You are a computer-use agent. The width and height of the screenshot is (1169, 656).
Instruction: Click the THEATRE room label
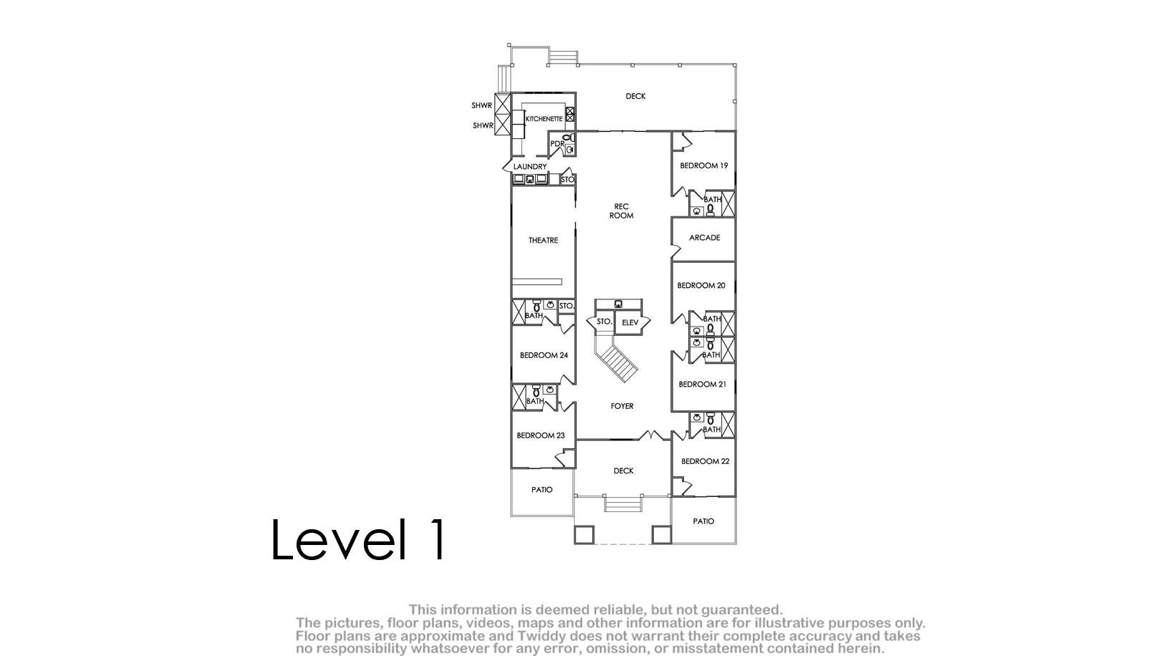tap(543, 240)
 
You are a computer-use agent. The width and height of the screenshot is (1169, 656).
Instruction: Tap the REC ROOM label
tap(622, 211)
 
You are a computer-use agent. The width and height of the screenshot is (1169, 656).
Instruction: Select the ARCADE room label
tap(705, 238)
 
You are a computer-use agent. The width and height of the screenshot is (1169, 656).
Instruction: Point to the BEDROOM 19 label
tap(704, 165)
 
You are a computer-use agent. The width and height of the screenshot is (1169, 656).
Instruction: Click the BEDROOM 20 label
tap(701, 286)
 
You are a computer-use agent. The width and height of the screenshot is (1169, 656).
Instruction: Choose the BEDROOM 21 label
tap(703, 384)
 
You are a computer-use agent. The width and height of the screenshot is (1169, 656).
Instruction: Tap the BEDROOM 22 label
tap(705, 461)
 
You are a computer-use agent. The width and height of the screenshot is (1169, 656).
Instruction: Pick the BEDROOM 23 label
tap(541, 435)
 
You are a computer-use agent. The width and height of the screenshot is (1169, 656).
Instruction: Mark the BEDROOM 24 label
tap(544, 355)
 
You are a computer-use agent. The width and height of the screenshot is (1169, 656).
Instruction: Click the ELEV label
tap(630, 322)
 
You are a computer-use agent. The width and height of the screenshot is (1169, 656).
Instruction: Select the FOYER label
tap(622, 406)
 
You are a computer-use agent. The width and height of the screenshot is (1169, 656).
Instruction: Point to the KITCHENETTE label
tap(544, 119)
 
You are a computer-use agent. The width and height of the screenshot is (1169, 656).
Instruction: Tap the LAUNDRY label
tap(530, 166)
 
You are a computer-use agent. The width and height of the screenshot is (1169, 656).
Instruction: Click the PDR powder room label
tap(557, 143)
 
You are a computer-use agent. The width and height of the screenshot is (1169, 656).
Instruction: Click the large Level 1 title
tap(358, 539)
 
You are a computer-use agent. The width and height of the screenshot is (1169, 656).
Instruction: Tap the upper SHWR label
tap(481, 105)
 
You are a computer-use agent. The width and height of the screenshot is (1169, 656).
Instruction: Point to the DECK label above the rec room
tap(635, 96)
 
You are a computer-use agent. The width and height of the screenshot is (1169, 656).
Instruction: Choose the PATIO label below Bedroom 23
tap(542, 490)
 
